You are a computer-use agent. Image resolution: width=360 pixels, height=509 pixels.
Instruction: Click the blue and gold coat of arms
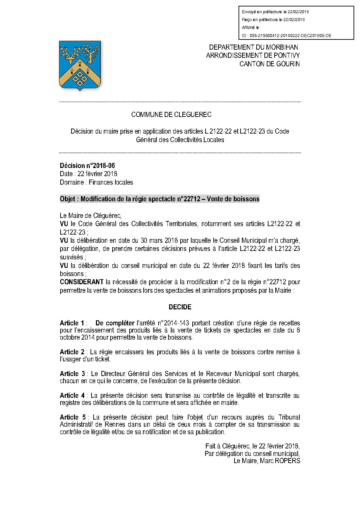point(80,65)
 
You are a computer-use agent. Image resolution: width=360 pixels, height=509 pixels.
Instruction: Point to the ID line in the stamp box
point(287,36)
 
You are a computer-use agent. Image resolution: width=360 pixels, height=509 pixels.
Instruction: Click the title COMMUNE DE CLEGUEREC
point(171,115)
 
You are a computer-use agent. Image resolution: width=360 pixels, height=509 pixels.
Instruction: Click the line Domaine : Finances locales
point(96,183)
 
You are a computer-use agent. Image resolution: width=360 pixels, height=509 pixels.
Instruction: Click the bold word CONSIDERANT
point(82,282)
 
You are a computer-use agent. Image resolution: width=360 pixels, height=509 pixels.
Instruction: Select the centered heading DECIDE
point(180,307)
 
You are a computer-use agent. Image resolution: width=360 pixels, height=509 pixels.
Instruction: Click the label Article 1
point(72,323)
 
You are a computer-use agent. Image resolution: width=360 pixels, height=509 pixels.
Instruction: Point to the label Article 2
point(72,352)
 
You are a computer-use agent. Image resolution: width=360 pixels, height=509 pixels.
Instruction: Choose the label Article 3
point(72,374)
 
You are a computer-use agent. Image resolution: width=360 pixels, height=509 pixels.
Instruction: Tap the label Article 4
point(72,395)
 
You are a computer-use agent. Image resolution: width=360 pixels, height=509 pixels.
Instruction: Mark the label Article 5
point(72,417)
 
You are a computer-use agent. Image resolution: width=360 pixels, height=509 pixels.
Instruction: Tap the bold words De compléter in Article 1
point(115,323)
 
